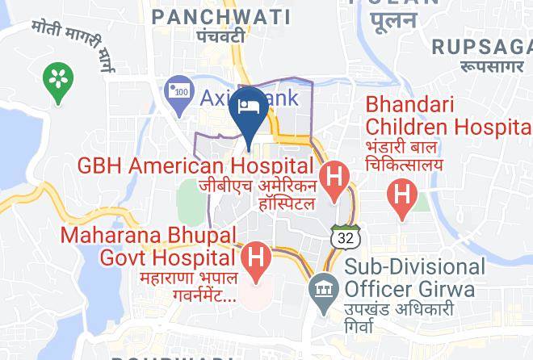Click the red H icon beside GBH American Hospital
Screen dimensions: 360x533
(334, 178)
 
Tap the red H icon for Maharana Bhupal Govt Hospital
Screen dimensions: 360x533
(256, 260)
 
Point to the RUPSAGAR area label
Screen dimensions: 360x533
(482, 46)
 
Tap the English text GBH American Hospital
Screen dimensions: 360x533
(195, 166)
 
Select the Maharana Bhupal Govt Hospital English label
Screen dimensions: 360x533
(149, 247)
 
